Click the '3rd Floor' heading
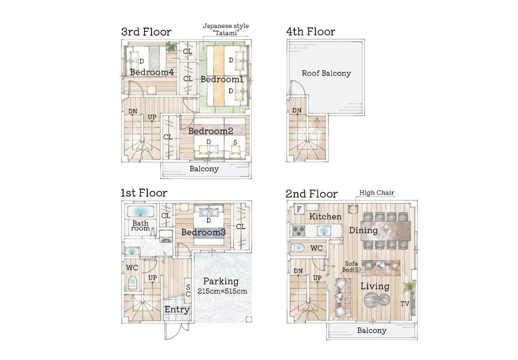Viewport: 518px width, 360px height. (146, 32)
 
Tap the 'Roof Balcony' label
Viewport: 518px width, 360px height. (326, 73)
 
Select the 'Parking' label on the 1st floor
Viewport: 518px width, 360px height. (221, 282)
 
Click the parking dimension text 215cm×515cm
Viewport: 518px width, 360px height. (222, 291)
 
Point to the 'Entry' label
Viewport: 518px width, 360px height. (177, 310)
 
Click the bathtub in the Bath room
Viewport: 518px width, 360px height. (140, 211)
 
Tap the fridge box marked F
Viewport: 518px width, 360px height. (299, 209)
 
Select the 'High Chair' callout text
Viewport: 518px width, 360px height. (377, 193)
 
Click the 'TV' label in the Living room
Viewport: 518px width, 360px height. (405, 304)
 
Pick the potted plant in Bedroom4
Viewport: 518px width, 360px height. (171, 47)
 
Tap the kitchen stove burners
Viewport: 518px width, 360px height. (299, 231)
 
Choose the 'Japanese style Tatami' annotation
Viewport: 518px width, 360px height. (226, 29)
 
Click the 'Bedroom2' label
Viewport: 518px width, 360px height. (211, 131)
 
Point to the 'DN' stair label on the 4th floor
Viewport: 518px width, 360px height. (297, 111)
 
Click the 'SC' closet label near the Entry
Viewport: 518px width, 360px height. (188, 290)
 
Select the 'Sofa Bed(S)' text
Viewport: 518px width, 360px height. (351, 267)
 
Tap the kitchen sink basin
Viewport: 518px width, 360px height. (324, 231)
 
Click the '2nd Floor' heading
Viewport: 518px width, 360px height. (312, 194)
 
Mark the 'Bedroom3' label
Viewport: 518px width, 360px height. (203, 232)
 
